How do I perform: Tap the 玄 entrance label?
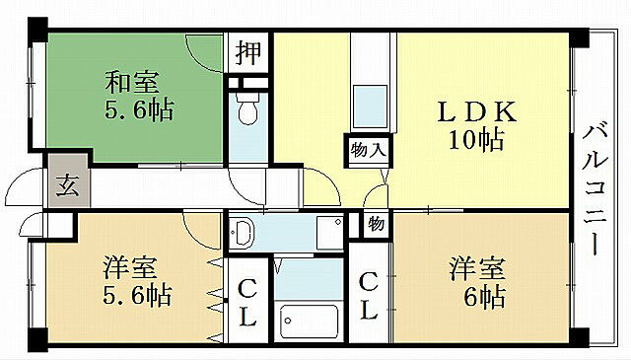pyautogui.click(x=66, y=184)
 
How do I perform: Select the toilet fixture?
pyautogui.click(x=248, y=111)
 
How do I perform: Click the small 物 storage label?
pyautogui.click(x=376, y=223)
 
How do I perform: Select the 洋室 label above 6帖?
pyautogui.click(x=478, y=267)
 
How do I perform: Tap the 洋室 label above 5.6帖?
pyautogui.click(x=131, y=267)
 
